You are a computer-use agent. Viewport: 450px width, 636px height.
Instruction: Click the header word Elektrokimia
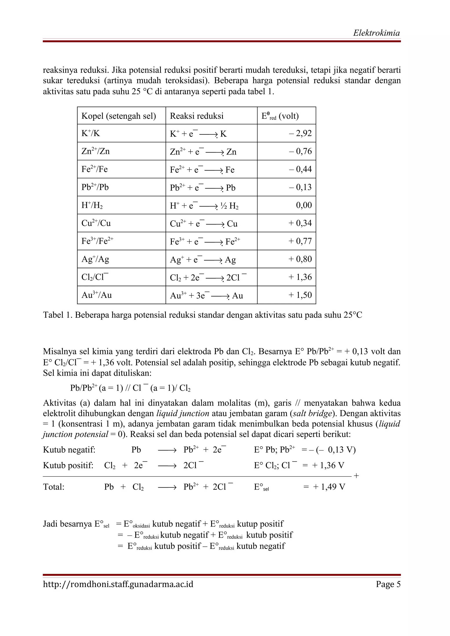coord(376,33)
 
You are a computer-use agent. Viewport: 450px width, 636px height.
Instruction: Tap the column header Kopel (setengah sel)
coord(118,116)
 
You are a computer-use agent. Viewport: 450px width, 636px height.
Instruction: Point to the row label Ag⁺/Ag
coord(95,259)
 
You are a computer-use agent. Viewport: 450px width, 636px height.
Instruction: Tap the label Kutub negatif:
coord(69,450)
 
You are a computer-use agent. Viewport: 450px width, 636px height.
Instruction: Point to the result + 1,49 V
coord(329,487)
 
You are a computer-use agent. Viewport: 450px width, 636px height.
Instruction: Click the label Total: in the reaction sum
coord(54,487)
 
